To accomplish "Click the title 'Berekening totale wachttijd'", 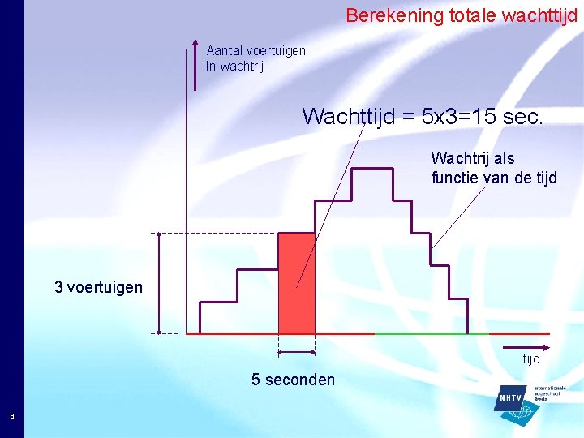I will (x=462, y=15).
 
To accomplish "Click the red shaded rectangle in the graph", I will (x=297, y=283).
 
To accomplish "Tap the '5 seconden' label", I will (x=293, y=380).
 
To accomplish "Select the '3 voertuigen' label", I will (x=98, y=287).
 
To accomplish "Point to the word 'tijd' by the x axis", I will (x=531, y=359).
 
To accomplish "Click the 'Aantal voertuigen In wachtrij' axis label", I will (x=255, y=58).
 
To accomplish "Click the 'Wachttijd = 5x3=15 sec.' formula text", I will (x=423, y=117).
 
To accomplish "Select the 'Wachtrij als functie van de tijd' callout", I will (x=494, y=168).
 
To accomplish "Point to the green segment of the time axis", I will (x=432, y=333).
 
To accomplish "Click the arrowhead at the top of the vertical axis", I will (x=195, y=44).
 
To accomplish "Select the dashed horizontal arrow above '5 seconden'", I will (x=297, y=352).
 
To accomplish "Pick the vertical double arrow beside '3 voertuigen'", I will (x=159, y=283).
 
